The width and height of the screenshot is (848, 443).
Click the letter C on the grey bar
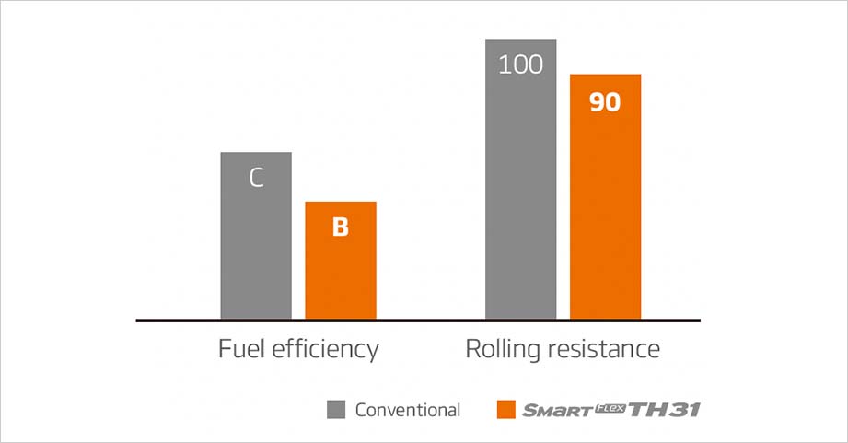tap(257, 178)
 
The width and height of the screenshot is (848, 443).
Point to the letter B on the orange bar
tap(341, 227)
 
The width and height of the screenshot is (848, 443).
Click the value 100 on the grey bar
tap(520, 65)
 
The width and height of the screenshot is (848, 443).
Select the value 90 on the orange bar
tap(605, 101)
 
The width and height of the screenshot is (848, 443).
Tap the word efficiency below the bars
tap(322, 350)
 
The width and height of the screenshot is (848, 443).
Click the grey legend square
tap(336, 410)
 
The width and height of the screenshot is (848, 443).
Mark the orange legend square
tap(505, 410)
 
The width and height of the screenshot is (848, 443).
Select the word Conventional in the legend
tap(408, 410)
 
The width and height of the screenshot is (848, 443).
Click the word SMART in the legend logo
tap(558, 412)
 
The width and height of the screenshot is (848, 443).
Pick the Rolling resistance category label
tap(562, 350)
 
